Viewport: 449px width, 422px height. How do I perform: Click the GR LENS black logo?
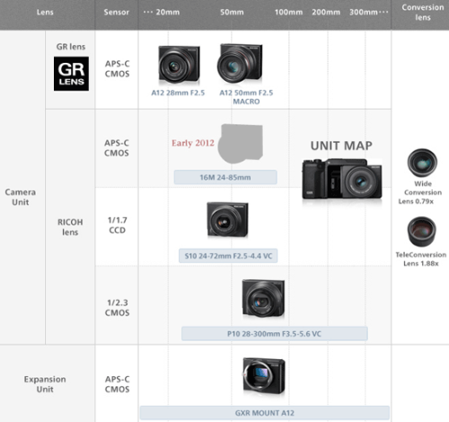[71, 74]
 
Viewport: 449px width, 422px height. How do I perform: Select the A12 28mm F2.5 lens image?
[179, 64]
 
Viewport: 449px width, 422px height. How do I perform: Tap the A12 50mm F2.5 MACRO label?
[246, 97]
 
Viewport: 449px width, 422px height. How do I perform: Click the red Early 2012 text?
[193, 143]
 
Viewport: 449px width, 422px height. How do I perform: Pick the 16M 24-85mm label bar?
[225, 177]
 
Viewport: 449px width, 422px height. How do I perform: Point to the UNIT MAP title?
[341, 145]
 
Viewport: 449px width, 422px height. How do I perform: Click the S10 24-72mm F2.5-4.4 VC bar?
[228, 256]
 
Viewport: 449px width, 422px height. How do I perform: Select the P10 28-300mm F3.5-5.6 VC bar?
[275, 334]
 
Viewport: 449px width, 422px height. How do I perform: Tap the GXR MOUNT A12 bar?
[265, 413]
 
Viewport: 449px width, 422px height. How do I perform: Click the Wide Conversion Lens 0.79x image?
[422, 163]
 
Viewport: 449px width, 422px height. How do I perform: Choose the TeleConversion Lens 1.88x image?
[422, 232]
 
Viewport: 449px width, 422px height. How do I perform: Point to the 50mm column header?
[232, 13]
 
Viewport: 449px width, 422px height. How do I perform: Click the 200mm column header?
[326, 13]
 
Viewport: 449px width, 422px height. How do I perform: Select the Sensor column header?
[117, 13]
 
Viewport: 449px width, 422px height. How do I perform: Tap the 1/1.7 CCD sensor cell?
[118, 225]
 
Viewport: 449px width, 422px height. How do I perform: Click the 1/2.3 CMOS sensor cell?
[118, 308]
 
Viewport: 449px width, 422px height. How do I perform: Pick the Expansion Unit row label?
[45, 384]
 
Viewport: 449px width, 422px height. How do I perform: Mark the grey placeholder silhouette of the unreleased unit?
[241, 144]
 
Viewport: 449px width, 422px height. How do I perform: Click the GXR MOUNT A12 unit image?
[264, 376]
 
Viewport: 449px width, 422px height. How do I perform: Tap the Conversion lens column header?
[423, 13]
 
